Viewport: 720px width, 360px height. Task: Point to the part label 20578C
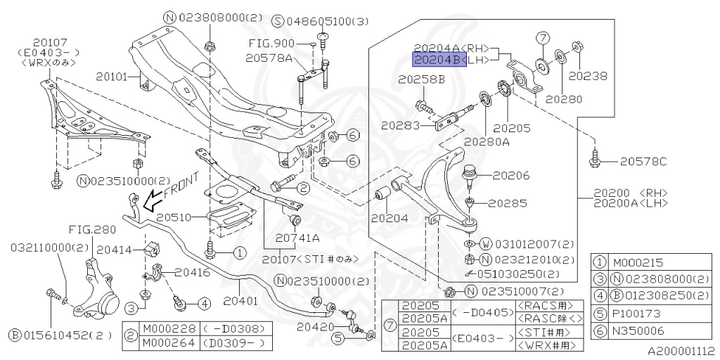click(643, 162)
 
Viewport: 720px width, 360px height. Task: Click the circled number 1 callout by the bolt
click(240, 252)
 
